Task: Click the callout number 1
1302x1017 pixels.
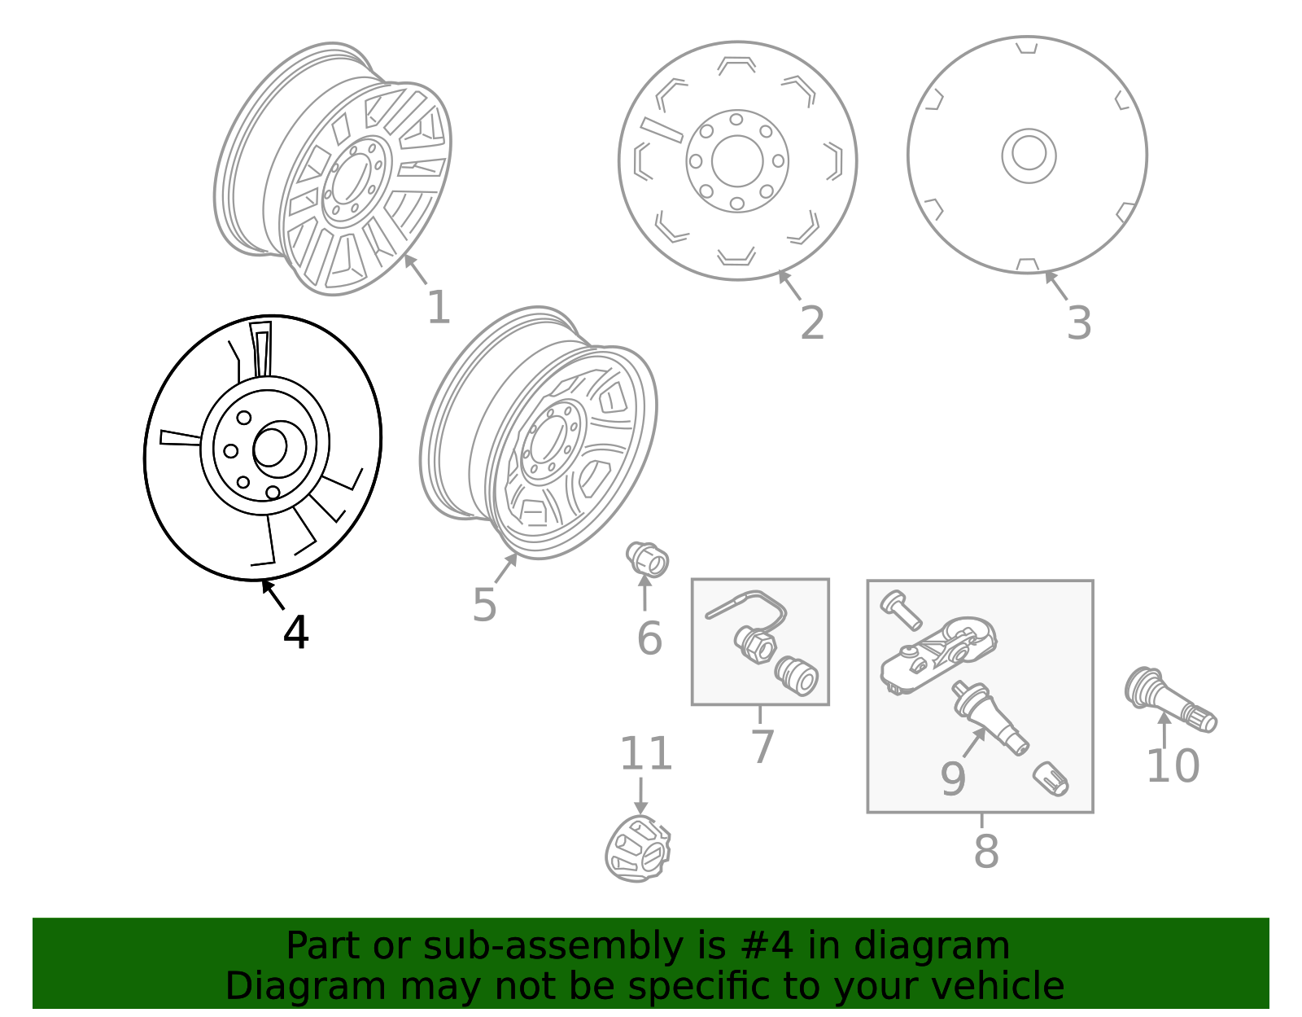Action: click(438, 308)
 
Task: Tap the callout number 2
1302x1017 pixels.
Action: click(811, 322)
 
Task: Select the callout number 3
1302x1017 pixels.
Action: click(1078, 323)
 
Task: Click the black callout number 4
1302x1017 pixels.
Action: click(295, 632)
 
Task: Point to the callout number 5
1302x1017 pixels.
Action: click(484, 605)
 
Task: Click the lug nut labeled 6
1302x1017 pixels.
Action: click(647, 559)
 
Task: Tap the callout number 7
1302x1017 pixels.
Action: click(762, 747)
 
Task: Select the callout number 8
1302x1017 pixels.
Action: click(985, 851)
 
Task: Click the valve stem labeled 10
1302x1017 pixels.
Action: click(1171, 700)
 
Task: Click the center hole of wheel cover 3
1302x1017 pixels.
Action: click(1029, 155)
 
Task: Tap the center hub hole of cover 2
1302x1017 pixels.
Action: click(737, 160)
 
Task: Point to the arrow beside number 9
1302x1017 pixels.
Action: click(974, 742)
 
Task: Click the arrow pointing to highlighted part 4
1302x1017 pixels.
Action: click(273, 594)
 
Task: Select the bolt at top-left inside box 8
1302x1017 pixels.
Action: click(901, 610)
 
